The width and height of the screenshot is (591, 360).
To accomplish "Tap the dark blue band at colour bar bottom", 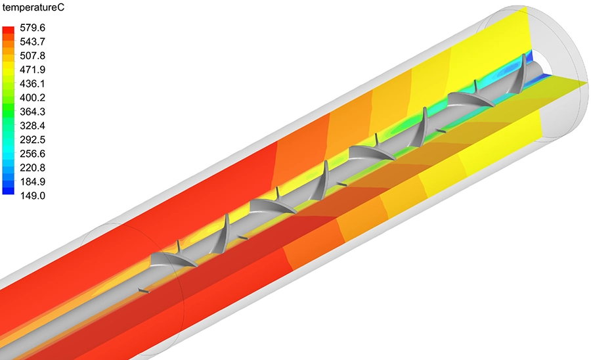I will [x=9, y=192].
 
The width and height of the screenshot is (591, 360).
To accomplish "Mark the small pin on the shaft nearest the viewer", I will [x=144, y=290].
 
